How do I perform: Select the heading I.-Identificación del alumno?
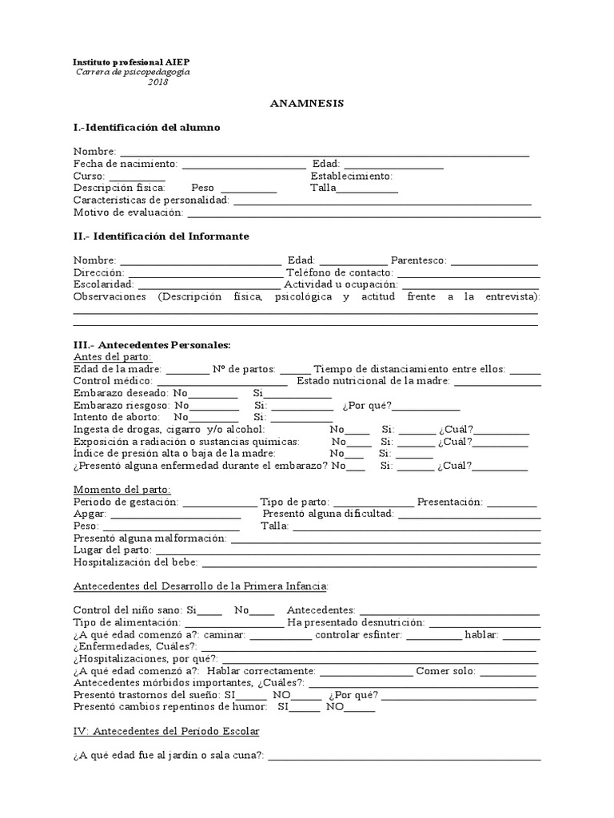(146, 128)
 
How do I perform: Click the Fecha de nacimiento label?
(125, 164)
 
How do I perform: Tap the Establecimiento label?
(351, 176)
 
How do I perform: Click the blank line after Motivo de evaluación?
(364, 213)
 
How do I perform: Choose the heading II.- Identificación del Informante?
(161, 236)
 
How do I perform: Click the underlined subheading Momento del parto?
(122, 489)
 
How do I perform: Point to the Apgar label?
(90, 514)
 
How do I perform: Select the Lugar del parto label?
(112, 550)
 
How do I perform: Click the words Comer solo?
(445, 671)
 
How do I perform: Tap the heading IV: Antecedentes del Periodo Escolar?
(166, 731)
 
